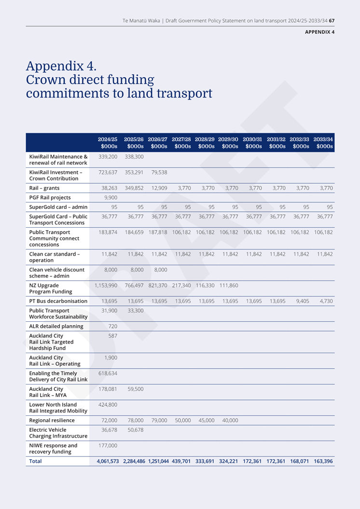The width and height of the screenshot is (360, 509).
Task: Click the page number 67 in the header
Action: (332, 21)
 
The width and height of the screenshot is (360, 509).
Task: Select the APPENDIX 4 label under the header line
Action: (319, 32)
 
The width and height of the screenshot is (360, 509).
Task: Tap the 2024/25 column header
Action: (108, 142)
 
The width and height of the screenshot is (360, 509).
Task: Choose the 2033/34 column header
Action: (323, 142)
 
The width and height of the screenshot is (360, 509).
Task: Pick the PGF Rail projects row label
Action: (50, 197)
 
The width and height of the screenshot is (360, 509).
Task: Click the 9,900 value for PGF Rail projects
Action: (111, 197)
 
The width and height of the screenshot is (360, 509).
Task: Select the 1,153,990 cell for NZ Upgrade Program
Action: (106, 285)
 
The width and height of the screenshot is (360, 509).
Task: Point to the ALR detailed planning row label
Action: (56, 326)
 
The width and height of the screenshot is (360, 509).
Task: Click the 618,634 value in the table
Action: (108, 373)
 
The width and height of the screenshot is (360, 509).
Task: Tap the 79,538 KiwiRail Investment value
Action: (159, 172)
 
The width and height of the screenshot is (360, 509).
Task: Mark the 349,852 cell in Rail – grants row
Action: (134, 188)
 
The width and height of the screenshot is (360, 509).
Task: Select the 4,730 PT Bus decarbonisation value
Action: (326, 301)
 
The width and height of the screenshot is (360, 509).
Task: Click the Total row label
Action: (35, 461)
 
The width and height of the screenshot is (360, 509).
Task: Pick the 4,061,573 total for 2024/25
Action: (108, 461)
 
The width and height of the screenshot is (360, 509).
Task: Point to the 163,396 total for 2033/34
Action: (323, 461)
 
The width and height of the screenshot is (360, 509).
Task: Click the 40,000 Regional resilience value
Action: (230, 420)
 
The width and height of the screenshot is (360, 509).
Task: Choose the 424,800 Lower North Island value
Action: (108, 404)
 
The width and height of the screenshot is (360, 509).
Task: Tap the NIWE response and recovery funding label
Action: (53, 449)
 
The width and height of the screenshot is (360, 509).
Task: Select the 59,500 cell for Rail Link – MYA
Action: (136, 389)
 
